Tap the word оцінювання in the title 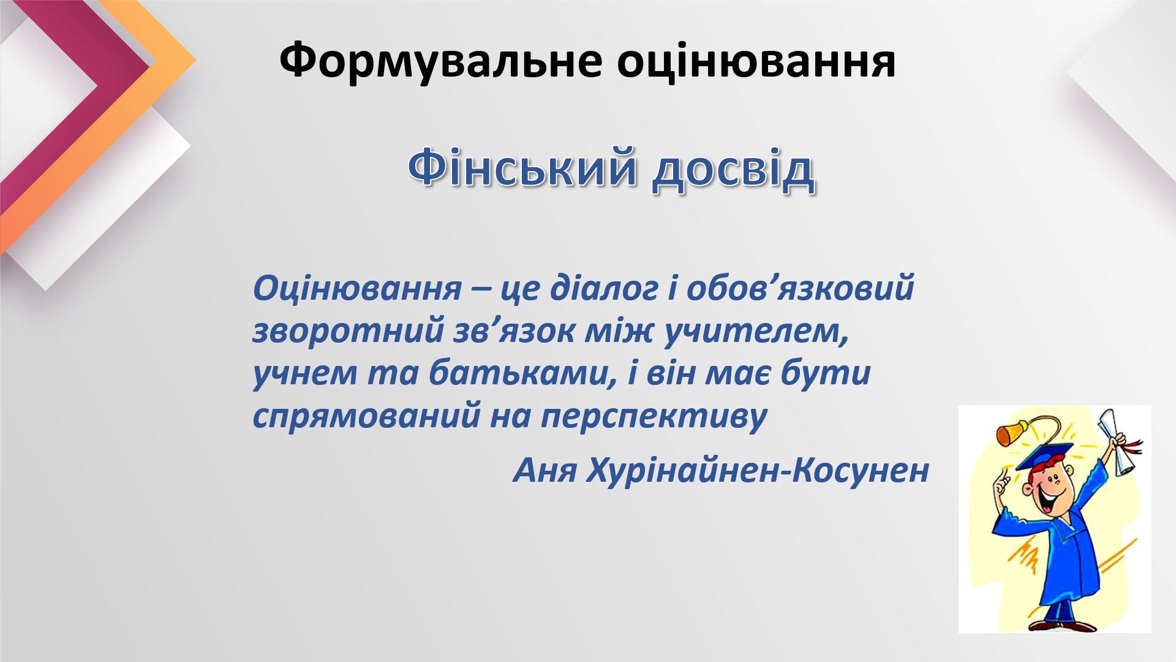pyautogui.click(x=756, y=61)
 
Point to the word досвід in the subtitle pyautogui.click(x=733, y=170)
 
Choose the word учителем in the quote pyautogui.click(x=756, y=331)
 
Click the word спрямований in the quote pyautogui.click(x=366, y=417)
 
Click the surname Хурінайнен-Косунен pyautogui.click(x=758, y=471)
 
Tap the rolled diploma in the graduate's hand pyautogui.click(x=1116, y=440)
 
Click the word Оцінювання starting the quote pyautogui.click(x=357, y=288)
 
